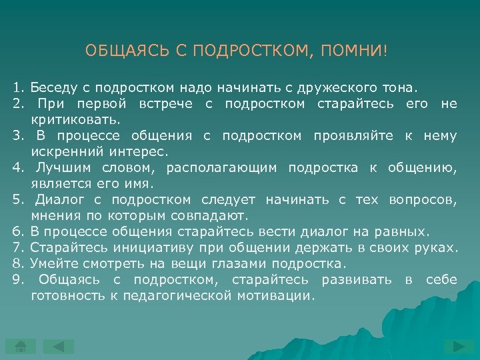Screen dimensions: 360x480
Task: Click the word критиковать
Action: [76, 119]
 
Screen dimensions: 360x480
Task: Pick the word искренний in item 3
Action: [60, 151]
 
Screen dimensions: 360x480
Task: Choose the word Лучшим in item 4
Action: [60, 167]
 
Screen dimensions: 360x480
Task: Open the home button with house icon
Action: [21, 346]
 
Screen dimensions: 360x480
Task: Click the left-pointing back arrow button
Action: [59, 346]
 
